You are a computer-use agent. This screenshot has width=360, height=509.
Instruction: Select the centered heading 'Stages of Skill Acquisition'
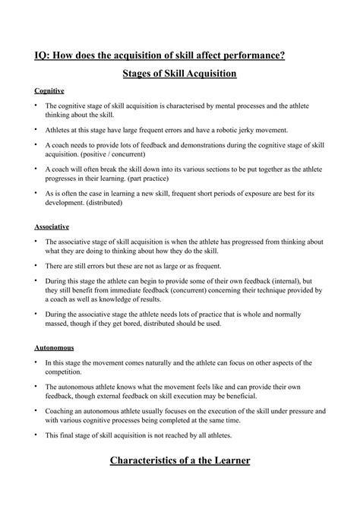180,74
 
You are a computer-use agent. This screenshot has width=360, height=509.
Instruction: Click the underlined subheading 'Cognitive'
49,90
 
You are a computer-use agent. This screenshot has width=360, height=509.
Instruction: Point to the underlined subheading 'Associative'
52,226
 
